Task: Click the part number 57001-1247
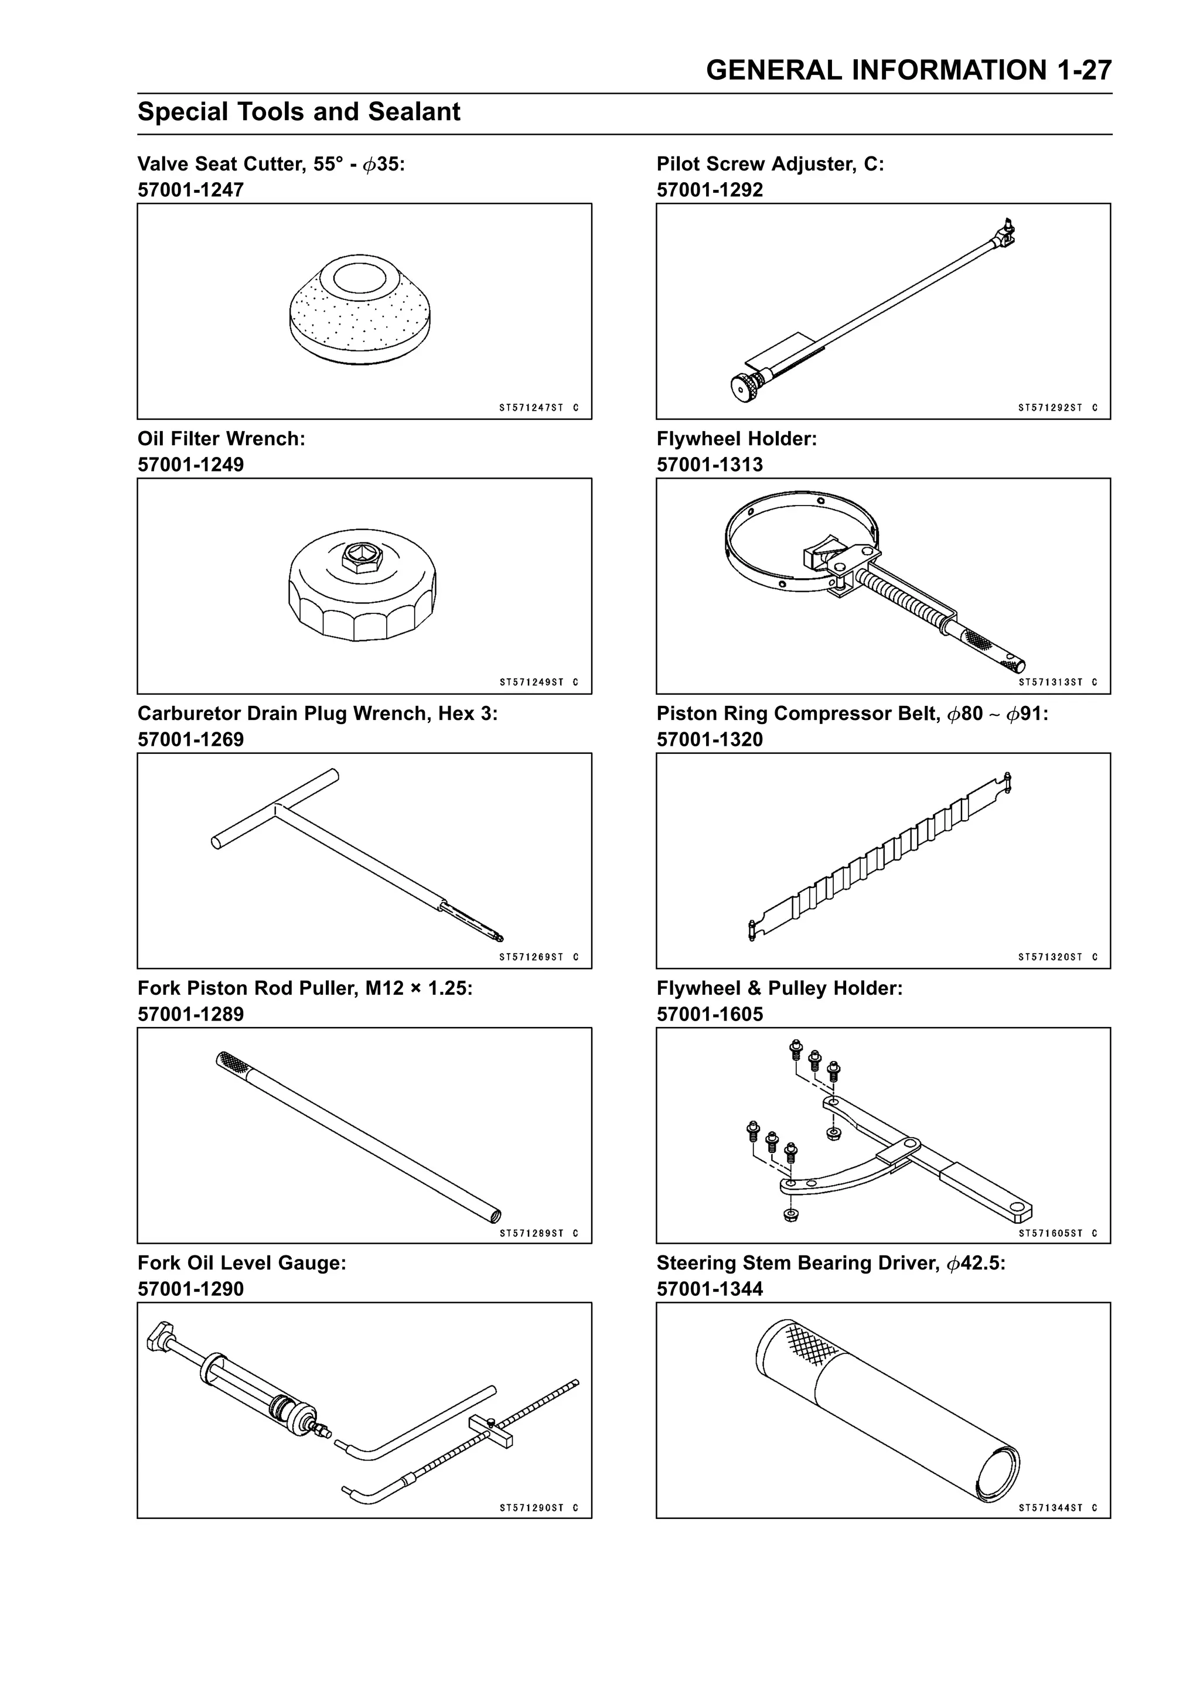coord(190,190)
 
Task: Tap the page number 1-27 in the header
coord(1084,70)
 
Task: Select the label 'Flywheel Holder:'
coord(737,439)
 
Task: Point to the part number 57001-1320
coord(710,739)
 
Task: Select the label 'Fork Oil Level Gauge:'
coord(241,1263)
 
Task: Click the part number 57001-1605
coord(710,1014)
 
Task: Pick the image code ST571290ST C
coord(538,1508)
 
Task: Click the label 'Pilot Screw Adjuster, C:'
coord(770,164)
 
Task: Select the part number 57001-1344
coord(710,1289)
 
